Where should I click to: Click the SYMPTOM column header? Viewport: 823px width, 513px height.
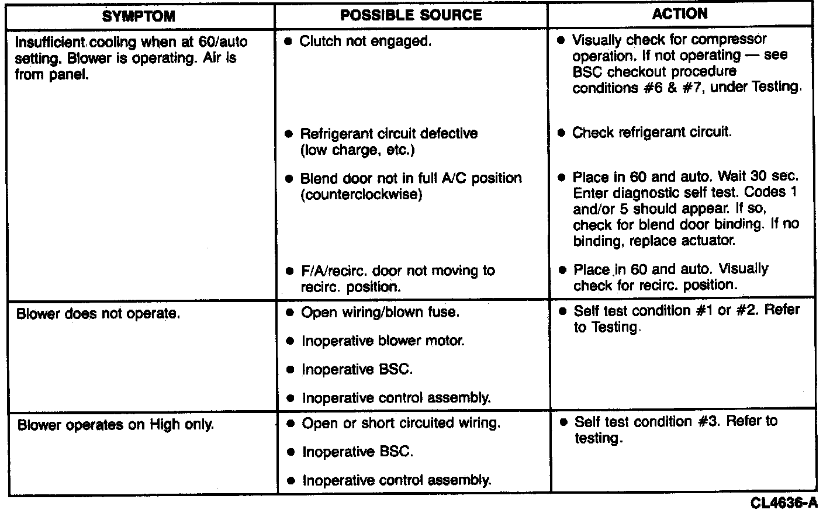point(139,16)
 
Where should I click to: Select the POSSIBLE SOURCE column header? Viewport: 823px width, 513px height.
point(411,15)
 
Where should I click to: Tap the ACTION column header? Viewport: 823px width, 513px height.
point(680,13)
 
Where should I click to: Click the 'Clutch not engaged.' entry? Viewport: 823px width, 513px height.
point(365,41)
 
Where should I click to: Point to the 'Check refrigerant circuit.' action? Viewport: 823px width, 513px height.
point(652,132)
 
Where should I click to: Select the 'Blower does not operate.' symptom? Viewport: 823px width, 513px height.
point(98,314)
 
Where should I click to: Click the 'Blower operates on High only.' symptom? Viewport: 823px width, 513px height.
point(116,425)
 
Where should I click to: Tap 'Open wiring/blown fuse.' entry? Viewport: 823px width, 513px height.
point(380,313)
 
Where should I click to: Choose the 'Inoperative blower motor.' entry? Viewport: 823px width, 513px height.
point(383,341)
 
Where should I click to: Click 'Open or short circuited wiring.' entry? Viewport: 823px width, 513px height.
point(400,423)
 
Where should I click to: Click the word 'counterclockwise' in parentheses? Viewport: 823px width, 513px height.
point(361,195)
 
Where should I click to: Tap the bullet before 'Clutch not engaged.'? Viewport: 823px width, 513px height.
point(288,42)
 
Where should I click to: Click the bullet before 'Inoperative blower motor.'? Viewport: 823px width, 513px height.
point(290,341)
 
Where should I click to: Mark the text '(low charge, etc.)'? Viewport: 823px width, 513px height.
point(357,150)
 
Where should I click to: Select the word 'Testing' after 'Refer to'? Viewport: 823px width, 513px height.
point(614,327)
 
